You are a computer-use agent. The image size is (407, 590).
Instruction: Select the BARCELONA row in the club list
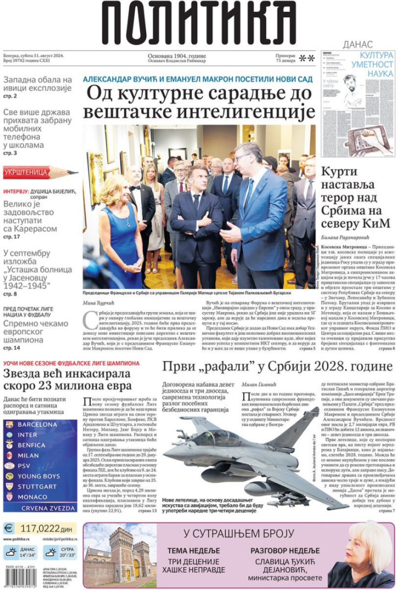37,425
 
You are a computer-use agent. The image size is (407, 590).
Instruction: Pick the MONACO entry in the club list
32,497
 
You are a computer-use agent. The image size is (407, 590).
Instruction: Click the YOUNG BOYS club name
38,476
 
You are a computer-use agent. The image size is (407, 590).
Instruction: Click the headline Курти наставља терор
355,197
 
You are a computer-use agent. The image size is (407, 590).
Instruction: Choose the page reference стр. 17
11,237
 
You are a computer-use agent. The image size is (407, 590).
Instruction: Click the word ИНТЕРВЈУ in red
16,192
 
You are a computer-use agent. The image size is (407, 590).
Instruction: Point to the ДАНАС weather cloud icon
11,552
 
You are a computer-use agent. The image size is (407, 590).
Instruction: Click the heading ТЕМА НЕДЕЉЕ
194,551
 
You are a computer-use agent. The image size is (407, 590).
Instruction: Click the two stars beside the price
307,58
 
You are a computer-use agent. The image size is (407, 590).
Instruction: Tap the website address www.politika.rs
17,539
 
